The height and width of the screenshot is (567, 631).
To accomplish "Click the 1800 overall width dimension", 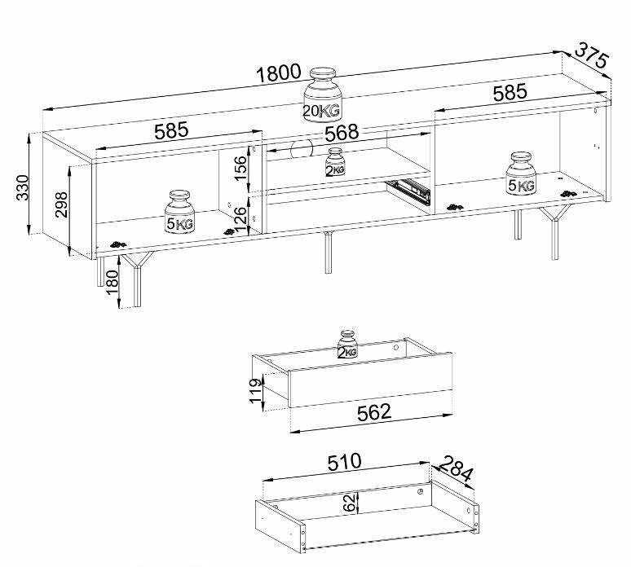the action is pos(279,73).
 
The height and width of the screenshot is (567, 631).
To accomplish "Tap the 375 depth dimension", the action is pos(591,55).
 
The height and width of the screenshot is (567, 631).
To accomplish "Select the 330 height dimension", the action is pos(23,187).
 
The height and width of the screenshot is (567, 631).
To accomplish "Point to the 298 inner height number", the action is pos(61,204).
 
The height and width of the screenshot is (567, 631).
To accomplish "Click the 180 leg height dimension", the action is pos(113,282).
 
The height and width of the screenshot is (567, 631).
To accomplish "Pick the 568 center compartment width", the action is pos(342,133).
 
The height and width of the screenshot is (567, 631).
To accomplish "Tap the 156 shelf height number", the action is pos(240,169).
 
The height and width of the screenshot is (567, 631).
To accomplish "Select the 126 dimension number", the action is pos(240,219).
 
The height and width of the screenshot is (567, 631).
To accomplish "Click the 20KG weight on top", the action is pos(322,94).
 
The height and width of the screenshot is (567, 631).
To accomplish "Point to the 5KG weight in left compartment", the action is pos(179,212).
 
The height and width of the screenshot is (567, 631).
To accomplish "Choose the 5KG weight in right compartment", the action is pos(521,174).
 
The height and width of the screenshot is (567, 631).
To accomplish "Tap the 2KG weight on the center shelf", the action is pos(335,162).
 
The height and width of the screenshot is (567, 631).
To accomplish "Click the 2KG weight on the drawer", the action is pos(347,345).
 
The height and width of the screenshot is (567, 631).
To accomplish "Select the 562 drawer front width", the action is pos(374,412).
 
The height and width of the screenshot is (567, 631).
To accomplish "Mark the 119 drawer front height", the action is pos(255,390).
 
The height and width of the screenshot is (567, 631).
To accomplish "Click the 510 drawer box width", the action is pos(345,462).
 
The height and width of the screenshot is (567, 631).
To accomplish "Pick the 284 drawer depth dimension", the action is pos(456,468).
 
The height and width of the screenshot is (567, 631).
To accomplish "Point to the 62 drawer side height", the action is pos(349,503).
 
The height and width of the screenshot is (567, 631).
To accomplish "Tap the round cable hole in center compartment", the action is pos(302,149).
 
